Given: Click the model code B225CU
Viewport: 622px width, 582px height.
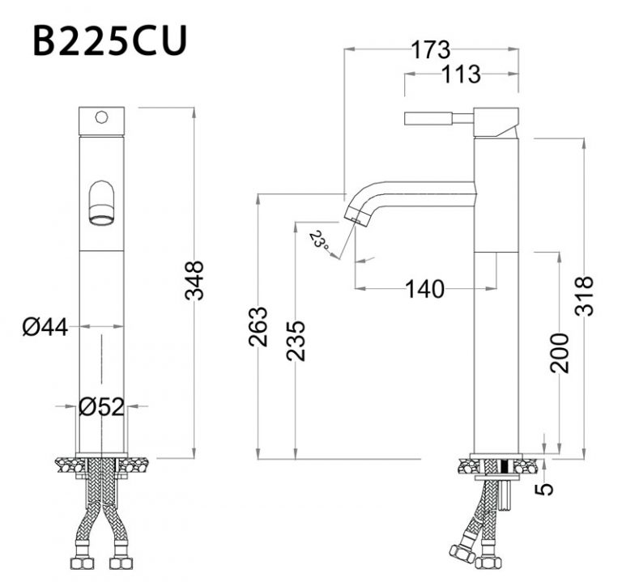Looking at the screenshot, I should coord(110,40).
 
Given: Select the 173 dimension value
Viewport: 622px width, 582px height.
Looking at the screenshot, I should coord(430,49).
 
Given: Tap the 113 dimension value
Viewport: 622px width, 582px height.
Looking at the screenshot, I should coord(462,74).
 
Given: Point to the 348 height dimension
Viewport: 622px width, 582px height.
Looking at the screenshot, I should coord(194,280).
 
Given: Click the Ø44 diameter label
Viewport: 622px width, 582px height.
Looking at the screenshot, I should coord(45,327).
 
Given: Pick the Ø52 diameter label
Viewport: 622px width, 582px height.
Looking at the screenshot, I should coord(102,407).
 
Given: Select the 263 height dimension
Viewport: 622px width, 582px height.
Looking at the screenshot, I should coord(258,326).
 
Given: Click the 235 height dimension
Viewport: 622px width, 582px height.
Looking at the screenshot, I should coord(296,341).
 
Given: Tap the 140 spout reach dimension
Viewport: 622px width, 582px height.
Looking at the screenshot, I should coord(424,288).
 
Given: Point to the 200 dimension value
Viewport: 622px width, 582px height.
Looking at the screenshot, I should coord(559,353).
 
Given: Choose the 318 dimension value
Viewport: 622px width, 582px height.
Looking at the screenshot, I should coord(585,296).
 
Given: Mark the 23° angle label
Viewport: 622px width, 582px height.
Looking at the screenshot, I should coord(318,240).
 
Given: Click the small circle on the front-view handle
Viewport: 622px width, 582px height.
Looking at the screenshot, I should coord(101,117).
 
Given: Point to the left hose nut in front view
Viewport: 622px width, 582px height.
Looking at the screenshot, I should coord(83,560).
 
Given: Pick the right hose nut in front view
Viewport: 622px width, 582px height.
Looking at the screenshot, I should coord(121,560).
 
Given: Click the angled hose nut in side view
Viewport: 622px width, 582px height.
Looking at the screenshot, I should coord(462,553).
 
